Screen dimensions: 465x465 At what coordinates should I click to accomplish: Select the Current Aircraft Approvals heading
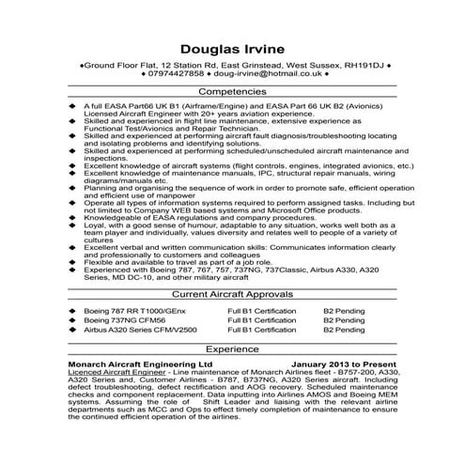pos(232,294)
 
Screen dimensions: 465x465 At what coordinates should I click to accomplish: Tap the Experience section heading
pos(232,347)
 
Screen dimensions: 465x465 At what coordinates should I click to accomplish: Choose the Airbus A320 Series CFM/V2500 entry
pos(141,331)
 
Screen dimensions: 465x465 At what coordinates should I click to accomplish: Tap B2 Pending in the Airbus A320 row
pos(344,331)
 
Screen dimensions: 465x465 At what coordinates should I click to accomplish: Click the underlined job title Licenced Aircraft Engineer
pos(116,371)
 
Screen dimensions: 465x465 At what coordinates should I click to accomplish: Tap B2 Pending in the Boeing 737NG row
pos(344,319)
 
